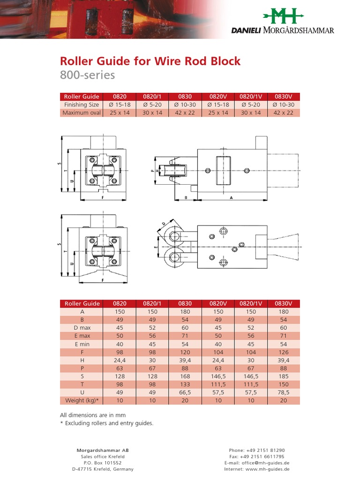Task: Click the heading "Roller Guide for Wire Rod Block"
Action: [x=150, y=61]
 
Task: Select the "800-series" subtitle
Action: [x=87, y=75]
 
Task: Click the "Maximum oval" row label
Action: [x=82, y=112]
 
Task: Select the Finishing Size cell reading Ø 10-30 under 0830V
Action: [x=284, y=105]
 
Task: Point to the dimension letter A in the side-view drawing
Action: [x=231, y=198]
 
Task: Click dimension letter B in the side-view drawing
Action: [x=186, y=198]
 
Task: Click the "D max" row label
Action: [x=82, y=328]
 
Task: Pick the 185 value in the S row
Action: [x=284, y=376]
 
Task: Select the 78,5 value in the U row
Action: [x=284, y=392]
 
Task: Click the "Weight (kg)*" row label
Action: [x=82, y=401]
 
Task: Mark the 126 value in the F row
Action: [x=284, y=352]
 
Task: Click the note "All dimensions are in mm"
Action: [x=93, y=415]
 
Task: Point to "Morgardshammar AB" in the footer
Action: [x=102, y=450]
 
